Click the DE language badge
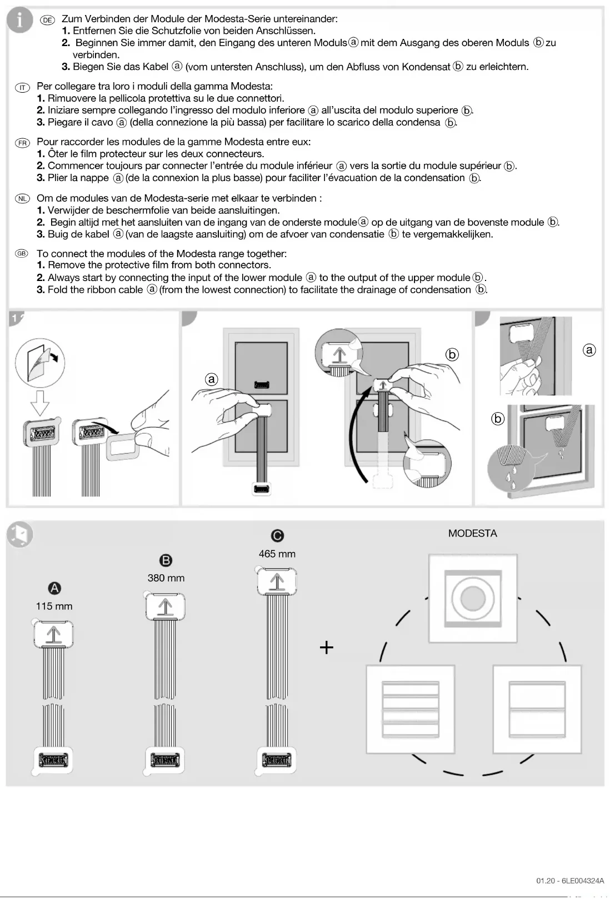pyautogui.click(x=48, y=20)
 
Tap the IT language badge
pyautogui.click(x=22, y=88)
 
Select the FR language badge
pyautogui.click(x=22, y=143)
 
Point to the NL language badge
pyautogui.click(x=22, y=198)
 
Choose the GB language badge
pyautogui.click(x=21, y=254)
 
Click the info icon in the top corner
pyautogui.click(x=19, y=20)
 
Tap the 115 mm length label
pyautogui.click(x=54, y=606)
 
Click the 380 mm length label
pyautogui.click(x=166, y=578)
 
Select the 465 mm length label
pyautogui.click(x=277, y=554)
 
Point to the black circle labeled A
pyautogui.click(x=54, y=589)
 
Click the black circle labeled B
pyautogui.click(x=166, y=560)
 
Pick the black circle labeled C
pyautogui.click(x=277, y=535)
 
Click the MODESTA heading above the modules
pyautogui.click(x=473, y=533)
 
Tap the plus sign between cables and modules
pyautogui.click(x=327, y=648)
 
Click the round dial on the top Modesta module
pyautogui.click(x=473, y=598)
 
